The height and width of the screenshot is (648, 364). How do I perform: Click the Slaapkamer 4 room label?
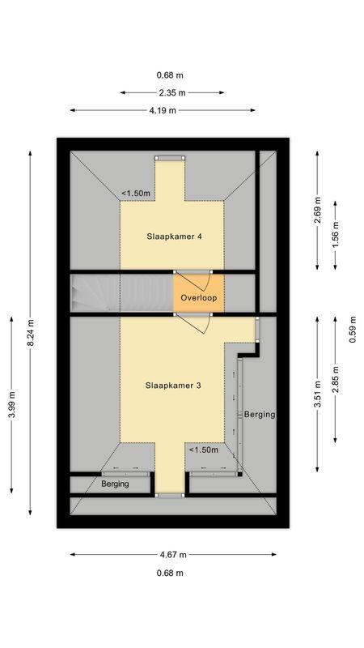click(x=174, y=237)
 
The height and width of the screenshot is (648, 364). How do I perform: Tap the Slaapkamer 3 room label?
click(x=174, y=386)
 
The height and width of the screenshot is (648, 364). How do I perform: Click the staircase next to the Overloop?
click(x=121, y=292)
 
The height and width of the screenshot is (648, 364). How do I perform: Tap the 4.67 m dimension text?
click(x=172, y=555)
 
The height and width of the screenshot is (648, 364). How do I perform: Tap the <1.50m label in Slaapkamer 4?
click(x=134, y=193)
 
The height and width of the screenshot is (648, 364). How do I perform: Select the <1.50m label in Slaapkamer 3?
click(x=203, y=450)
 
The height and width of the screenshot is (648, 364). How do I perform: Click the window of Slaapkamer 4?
click(x=170, y=157)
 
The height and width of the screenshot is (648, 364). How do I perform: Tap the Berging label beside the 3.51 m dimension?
click(x=260, y=414)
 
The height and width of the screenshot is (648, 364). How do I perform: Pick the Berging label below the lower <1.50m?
click(x=116, y=484)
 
